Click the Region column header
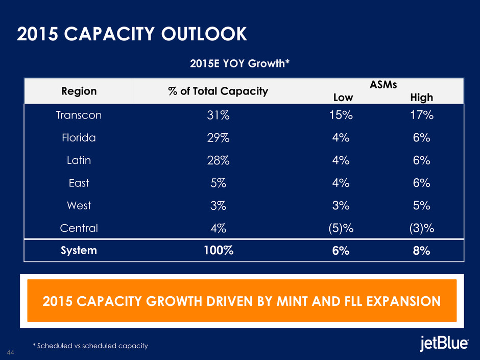point(79,91)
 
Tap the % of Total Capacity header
point(218,91)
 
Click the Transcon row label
point(79,115)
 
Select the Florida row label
point(79,138)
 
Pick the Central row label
point(79,228)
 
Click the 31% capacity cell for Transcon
point(218,115)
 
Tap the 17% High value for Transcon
point(421,115)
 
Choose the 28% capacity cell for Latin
point(218,160)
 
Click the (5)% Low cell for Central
point(339,228)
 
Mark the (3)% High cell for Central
point(421,228)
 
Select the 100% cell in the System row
point(218,251)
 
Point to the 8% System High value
point(421,251)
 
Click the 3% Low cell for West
point(339,205)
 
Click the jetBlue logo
point(444,344)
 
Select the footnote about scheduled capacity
point(90,346)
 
